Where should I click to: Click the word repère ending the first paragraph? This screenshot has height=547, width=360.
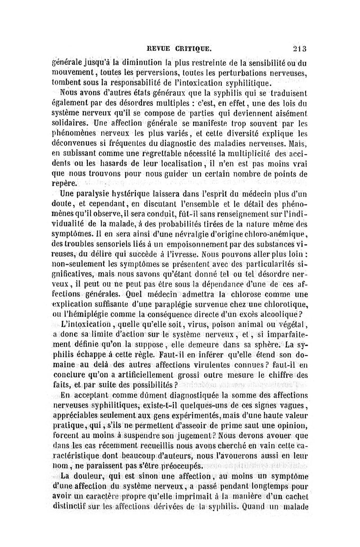65,184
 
